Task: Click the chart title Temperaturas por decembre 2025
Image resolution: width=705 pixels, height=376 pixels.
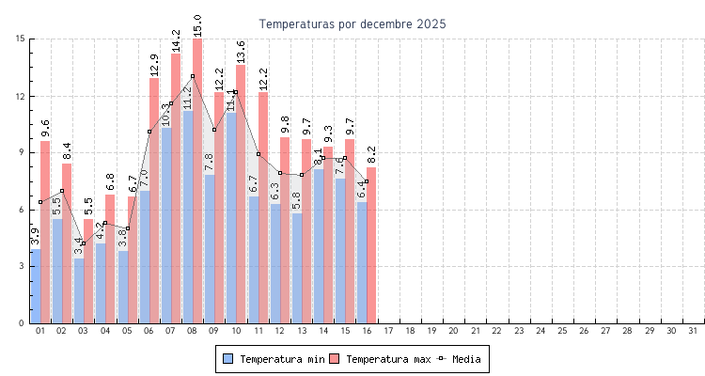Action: pyautogui.click(x=352, y=23)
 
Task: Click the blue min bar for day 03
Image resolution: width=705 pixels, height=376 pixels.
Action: pyautogui.click(x=79, y=291)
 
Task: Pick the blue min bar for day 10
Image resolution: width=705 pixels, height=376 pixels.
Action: pyautogui.click(x=231, y=216)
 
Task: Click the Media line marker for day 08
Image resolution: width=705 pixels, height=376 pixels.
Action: pyautogui.click(x=193, y=76)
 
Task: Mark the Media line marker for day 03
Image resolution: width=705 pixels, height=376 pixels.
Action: pyautogui.click(x=84, y=243)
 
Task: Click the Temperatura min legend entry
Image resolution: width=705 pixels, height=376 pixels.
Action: pyautogui.click(x=274, y=359)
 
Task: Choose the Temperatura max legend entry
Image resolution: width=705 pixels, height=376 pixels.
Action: pyautogui.click(x=380, y=359)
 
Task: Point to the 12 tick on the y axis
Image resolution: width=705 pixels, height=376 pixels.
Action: pyautogui.click(x=20, y=96)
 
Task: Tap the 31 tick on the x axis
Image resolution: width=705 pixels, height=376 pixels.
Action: pyautogui.click(x=693, y=331)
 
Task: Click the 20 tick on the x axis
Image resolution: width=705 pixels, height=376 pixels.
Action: pyautogui.click(x=453, y=331)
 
